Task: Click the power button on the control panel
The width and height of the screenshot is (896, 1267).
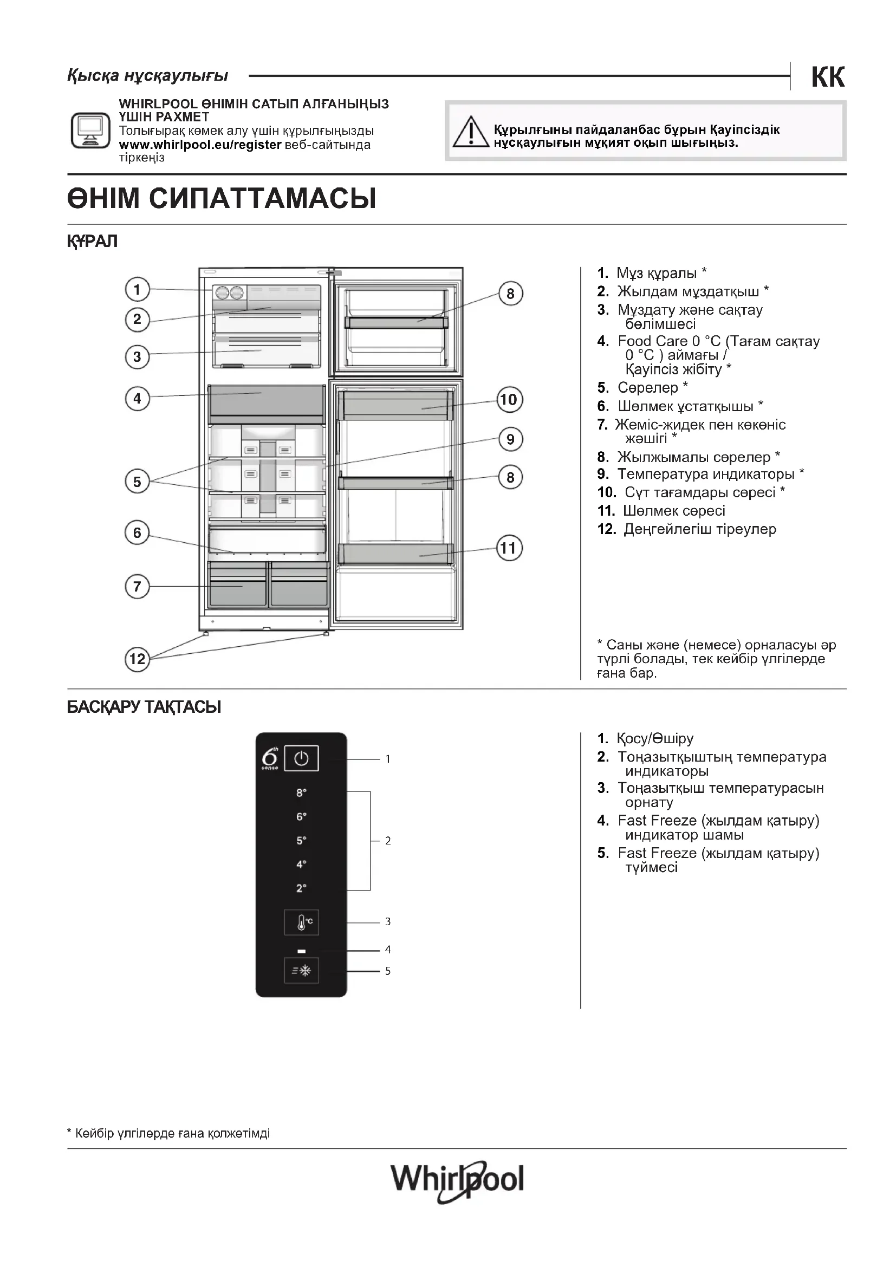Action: click(301, 759)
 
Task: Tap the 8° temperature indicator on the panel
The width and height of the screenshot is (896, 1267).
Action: click(301, 793)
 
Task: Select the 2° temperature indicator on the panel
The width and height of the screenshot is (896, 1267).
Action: click(301, 888)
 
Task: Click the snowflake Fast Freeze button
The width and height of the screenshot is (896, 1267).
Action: click(301, 971)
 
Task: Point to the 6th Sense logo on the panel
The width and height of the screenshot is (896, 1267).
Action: click(270, 759)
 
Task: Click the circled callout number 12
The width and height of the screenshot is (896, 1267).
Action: click(138, 659)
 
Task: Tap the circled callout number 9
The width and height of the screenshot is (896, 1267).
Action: click(510, 439)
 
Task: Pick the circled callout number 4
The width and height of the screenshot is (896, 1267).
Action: click(138, 399)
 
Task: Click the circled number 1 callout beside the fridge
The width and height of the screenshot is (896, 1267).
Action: click(138, 289)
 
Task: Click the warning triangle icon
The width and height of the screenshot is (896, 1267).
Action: click(471, 132)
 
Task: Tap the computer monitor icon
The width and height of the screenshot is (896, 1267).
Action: click(90, 130)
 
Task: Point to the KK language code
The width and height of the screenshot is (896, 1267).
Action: click(828, 77)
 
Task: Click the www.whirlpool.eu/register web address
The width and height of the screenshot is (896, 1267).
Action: click(200, 145)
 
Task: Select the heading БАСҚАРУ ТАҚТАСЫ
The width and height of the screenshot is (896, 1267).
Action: click(144, 707)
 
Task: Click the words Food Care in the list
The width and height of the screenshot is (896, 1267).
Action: click(653, 341)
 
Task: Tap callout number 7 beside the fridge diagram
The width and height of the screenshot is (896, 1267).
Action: click(138, 586)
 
